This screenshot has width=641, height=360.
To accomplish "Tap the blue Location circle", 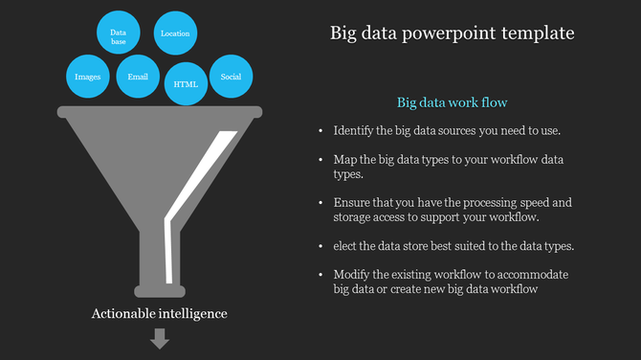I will click(x=175, y=34).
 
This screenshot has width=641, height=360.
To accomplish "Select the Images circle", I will click(x=87, y=76).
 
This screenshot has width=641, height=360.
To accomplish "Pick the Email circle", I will click(x=138, y=76).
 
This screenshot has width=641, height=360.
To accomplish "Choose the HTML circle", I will click(x=186, y=83).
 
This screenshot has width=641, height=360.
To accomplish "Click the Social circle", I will click(x=231, y=76).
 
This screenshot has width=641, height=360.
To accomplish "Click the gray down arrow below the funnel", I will click(x=160, y=338).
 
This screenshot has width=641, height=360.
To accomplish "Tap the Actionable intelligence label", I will click(x=160, y=313).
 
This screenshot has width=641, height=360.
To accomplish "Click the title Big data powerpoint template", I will click(x=452, y=34).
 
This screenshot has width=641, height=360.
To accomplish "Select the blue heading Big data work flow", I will click(x=452, y=101).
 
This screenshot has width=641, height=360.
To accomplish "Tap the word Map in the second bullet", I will click(x=345, y=159).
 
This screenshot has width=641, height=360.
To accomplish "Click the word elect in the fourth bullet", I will click(x=346, y=246).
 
